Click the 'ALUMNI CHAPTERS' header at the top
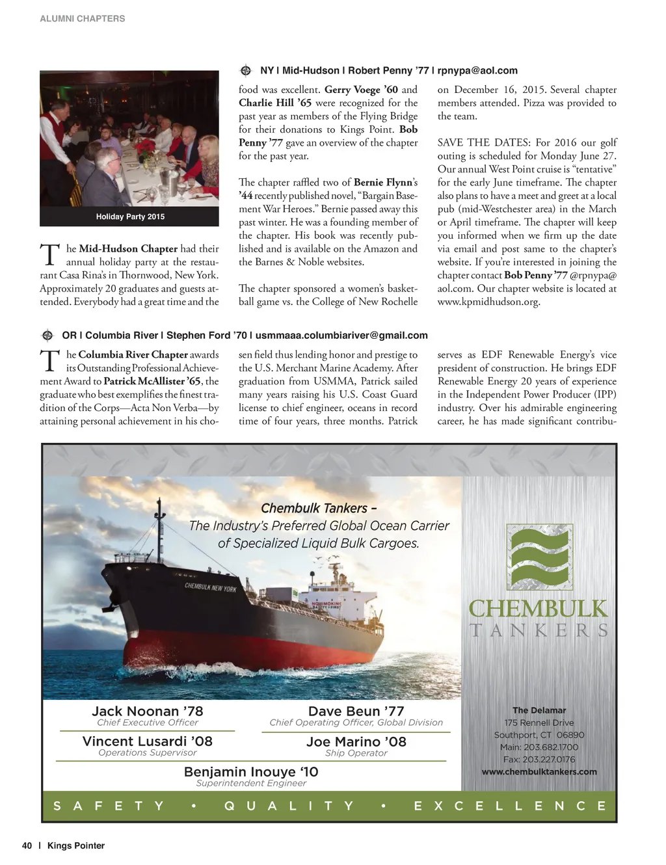click(x=82, y=19)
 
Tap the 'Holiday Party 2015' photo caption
click(x=130, y=217)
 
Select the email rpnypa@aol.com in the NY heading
click(x=477, y=70)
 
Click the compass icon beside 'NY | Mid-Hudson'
click(x=246, y=70)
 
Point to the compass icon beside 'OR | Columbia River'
click(x=47, y=336)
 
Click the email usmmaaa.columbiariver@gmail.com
click(x=341, y=336)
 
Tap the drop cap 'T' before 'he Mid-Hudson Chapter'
click(x=50, y=255)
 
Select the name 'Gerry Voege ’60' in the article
click(x=361, y=90)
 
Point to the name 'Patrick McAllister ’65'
click(x=153, y=381)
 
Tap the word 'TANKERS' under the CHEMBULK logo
click(x=539, y=630)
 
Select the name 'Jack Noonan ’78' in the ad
click(x=147, y=711)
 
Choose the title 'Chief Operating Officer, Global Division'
click(x=356, y=723)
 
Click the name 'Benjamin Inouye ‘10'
click(x=251, y=771)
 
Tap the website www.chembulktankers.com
click(x=539, y=771)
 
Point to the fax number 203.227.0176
click(x=539, y=759)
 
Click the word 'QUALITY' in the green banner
click(x=289, y=806)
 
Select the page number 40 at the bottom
click(x=27, y=845)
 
